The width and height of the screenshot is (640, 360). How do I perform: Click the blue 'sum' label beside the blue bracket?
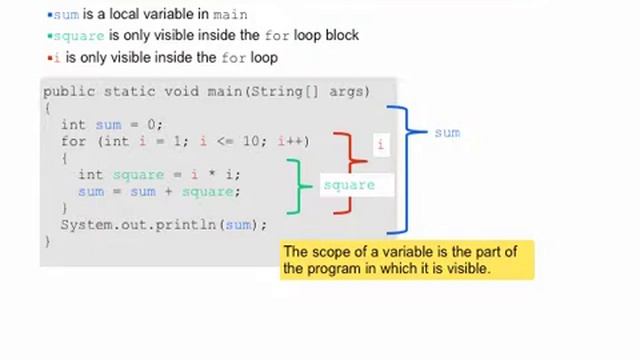click(x=447, y=132)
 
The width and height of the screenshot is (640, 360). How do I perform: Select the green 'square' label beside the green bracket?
click(x=349, y=185)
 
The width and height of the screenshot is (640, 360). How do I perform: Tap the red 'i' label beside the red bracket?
click(x=380, y=145)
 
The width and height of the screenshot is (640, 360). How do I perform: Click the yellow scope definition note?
click(x=407, y=260)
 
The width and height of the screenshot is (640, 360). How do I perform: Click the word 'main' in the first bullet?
click(x=230, y=15)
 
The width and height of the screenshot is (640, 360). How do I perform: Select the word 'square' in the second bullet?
click(x=79, y=36)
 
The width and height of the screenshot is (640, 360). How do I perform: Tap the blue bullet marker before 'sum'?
click(x=49, y=15)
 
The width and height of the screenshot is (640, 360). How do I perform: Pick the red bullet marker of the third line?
click(x=49, y=57)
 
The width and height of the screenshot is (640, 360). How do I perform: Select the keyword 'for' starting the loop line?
click(x=73, y=141)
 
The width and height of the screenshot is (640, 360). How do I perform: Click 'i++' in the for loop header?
click(x=294, y=141)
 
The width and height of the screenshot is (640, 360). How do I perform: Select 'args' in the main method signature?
click(x=347, y=91)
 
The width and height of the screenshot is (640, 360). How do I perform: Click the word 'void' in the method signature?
click(x=182, y=91)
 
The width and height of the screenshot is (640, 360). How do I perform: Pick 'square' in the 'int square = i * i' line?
click(x=138, y=174)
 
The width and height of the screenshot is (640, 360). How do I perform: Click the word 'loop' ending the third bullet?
click(x=264, y=57)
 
